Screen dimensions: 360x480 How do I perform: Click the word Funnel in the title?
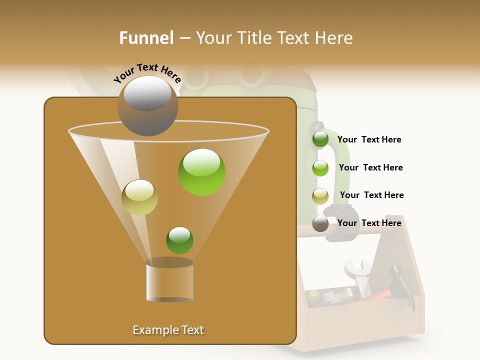[146, 38]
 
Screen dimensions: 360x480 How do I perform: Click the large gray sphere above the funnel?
[147, 106]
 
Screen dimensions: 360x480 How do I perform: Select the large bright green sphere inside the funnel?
[202, 172]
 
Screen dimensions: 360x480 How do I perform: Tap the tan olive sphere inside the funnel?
[139, 197]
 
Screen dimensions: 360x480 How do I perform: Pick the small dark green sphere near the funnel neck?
[179, 240]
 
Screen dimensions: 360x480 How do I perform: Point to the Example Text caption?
[168, 330]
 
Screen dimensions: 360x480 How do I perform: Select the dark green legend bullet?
[320, 139]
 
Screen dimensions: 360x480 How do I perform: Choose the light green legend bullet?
[320, 168]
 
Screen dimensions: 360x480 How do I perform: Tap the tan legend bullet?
[320, 196]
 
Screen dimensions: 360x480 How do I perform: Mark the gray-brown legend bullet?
[320, 223]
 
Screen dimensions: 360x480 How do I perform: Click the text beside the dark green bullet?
[369, 139]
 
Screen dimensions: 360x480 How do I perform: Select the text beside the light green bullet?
[370, 167]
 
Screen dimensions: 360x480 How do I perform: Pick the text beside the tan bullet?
[371, 195]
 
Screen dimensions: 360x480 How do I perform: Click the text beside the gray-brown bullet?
[369, 223]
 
